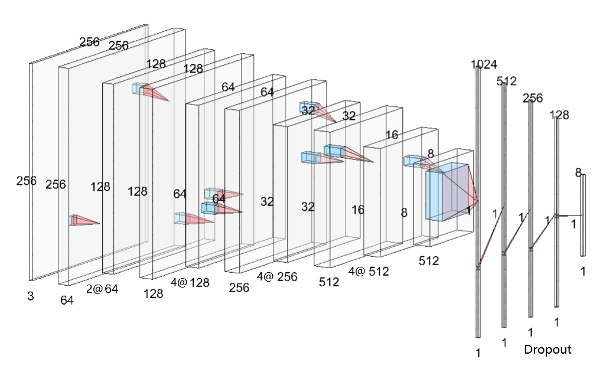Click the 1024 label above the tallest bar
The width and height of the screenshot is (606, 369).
[x=484, y=64]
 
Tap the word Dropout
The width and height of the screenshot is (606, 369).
[x=548, y=350]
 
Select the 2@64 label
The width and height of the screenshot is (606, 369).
[x=102, y=289]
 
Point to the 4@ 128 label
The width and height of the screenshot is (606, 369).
[x=190, y=282]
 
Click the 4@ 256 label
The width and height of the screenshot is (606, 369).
[x=277, y=277]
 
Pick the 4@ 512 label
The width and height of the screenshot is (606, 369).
[x=369, y=271]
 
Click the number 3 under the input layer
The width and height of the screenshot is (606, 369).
[x=31, y=296]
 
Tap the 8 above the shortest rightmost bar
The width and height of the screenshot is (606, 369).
[x=578, y=172]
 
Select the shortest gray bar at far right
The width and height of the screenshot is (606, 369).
[x=583, y=215]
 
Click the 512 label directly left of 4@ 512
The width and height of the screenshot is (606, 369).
[x=329, y=282]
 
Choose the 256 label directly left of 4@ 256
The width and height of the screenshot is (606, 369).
[x=239, y=288]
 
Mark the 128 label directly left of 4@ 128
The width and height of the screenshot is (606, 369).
[x=153, y=294]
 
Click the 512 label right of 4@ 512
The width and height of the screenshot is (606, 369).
[x=429, y=261]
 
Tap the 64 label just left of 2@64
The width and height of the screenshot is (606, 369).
[x=67, y=301]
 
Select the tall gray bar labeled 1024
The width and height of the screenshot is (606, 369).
[x=478, y=203]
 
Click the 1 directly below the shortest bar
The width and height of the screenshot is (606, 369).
[x=583, y=272]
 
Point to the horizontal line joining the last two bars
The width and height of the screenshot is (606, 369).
[x=569, y=215]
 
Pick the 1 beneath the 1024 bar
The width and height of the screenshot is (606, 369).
[x=478, y=353]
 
